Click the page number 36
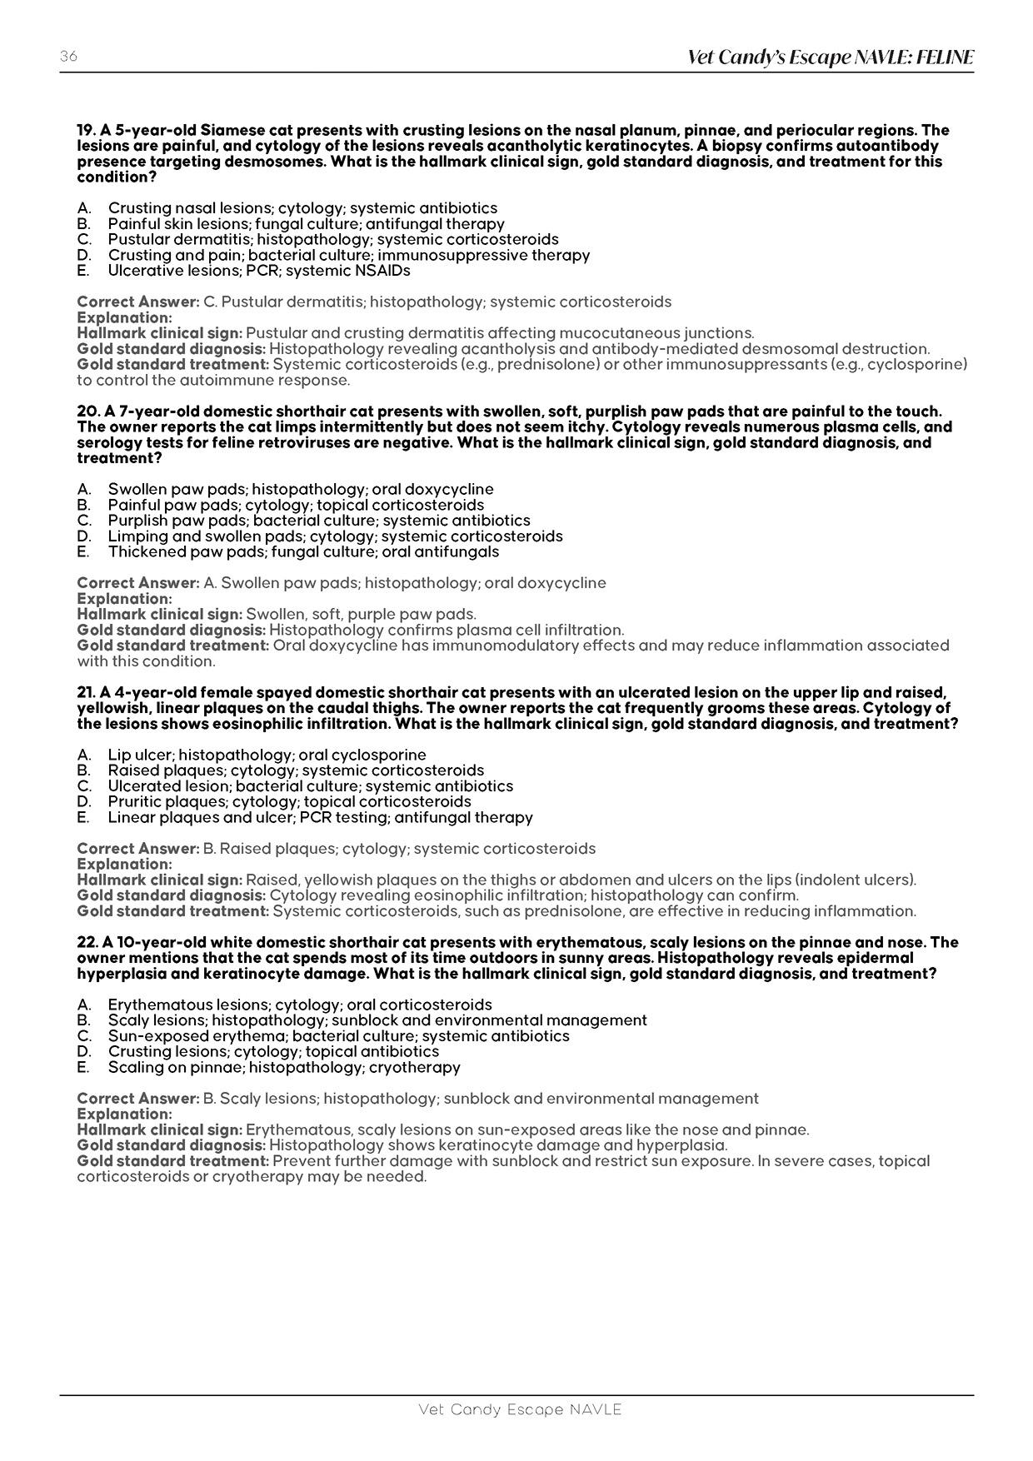68,57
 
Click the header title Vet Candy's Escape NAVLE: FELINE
830,57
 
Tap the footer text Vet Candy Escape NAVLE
520,1410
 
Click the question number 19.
86,131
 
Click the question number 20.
87,411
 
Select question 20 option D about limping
334,536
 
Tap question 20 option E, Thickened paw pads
302,552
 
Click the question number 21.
87,693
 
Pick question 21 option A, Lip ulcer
267,755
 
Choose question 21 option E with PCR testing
319,818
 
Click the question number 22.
87,943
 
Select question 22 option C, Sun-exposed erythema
338,1036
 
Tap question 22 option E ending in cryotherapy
283,1068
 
